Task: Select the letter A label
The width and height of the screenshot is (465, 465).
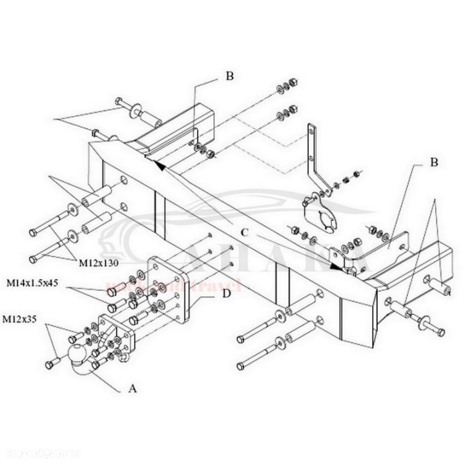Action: click(x=133, y=388)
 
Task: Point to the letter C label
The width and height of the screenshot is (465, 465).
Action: click(x=245, y=232)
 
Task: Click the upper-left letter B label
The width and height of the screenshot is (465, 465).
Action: click(x=229, y=76)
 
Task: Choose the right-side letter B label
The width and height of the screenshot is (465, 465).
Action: click(x=433, y=163)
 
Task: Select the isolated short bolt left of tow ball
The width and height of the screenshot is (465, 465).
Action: click(x=50, y=365)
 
